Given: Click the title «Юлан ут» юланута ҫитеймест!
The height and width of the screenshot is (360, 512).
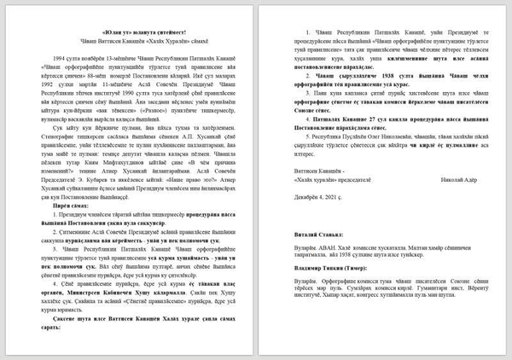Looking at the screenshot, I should pyautogui.click(x=129, y=32).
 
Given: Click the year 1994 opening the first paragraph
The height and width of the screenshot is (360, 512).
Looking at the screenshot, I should pyautogui.click(x=59, y=62).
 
